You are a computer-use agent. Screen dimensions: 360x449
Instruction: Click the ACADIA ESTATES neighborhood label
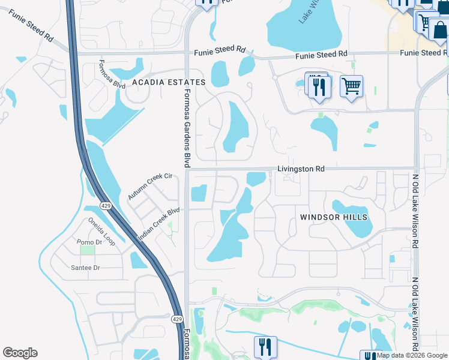[x=169, y=82]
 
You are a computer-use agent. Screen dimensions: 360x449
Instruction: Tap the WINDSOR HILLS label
[x=334, y=217]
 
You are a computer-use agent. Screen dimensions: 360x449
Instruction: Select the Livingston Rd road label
[x=301, y=169]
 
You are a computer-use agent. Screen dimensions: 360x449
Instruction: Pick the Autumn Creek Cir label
[x=149, y=187]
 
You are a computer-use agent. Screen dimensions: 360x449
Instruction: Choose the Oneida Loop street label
[x=101, y=230]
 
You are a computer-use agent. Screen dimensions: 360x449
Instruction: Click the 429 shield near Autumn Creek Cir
[x=106, y=206]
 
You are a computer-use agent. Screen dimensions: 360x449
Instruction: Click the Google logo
[x=20, y=353]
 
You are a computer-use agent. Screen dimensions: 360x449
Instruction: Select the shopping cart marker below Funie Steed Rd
[x=351, y=85]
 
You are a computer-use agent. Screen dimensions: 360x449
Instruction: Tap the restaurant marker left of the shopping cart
[x=318, y=86]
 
